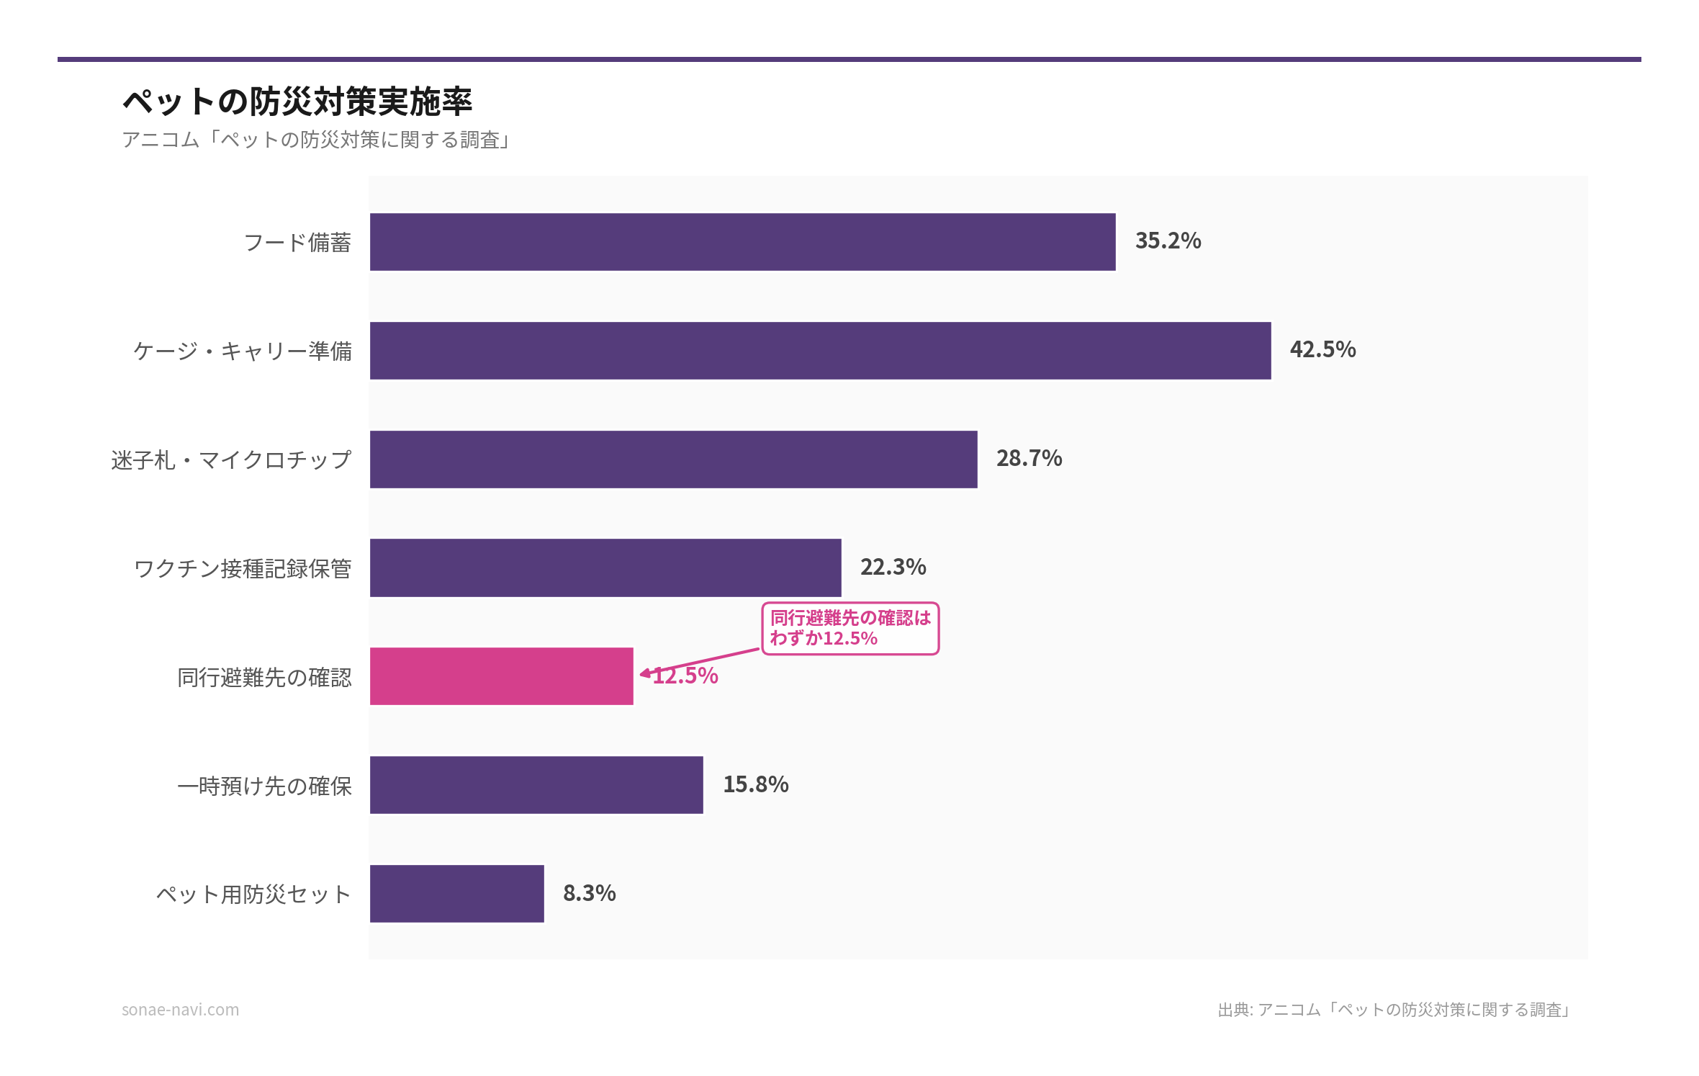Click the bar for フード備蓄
(x=742, y=242)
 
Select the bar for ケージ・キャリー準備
(x=820, y=351)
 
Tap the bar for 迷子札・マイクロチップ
(x=673, y=459)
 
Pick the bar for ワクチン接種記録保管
(x=605, y=568)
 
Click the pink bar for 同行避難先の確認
(x=501, y=676)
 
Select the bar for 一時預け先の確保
(x=536, y=785)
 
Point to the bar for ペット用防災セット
(x=456, y=894)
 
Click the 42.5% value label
(x=1322, y=350)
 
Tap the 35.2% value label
(x=1168, y=241)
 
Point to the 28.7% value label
(x=1029, y=459)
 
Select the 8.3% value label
(x=589, y=894)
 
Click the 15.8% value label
(x=755, y=785)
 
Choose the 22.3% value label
(x=893, y=568)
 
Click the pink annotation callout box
(x=850, y=629)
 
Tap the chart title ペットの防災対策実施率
(x=297, y=102)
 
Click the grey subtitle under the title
(x=316, y=140)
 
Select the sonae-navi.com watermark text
(x=180, y=1010)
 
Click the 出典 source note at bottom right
(x=1394, y=1010)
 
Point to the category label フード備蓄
(x=297, y=243)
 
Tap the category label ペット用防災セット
(x=253, y=895)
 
